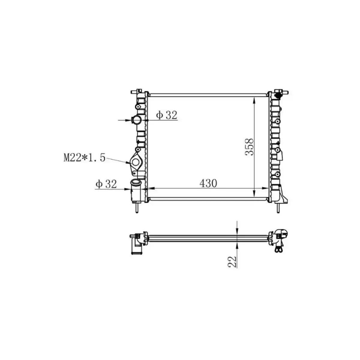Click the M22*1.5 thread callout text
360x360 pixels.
pos(84,158)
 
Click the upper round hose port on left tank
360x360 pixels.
pos(137,120)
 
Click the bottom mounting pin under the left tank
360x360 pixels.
pos(136,208)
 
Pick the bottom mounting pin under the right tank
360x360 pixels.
pos(278,208)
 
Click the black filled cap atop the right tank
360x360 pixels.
pos(278,96)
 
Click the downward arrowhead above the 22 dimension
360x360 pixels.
pos(237,231)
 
